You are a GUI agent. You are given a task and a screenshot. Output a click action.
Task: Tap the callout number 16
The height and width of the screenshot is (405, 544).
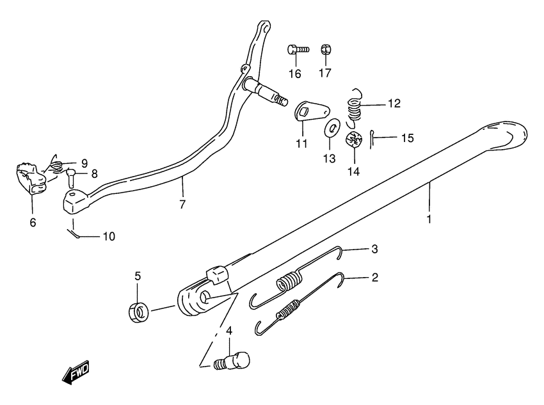[295, 74]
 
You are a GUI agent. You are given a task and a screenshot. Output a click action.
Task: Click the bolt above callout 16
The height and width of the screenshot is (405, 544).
[298, 49]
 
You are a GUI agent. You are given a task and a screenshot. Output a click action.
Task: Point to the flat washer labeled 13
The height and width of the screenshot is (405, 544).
[332, 129]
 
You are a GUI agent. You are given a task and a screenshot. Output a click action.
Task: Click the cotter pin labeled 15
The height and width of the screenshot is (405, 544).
[372, 139]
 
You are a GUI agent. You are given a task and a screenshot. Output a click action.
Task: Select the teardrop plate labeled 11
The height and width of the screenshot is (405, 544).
[312, 111]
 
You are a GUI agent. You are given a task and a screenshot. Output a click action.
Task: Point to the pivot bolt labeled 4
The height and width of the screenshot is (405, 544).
[231, 360]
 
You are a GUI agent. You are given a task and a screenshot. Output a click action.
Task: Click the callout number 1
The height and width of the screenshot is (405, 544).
[429, 219]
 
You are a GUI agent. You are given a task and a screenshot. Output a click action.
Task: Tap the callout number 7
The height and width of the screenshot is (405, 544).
[182, 204]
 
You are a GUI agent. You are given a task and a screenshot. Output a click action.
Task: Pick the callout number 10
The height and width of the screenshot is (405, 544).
[109, 237]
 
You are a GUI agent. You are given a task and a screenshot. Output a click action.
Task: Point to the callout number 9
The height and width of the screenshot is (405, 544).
[84, 163]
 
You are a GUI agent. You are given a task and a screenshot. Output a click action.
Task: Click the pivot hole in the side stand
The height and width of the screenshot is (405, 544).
[204, 297]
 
